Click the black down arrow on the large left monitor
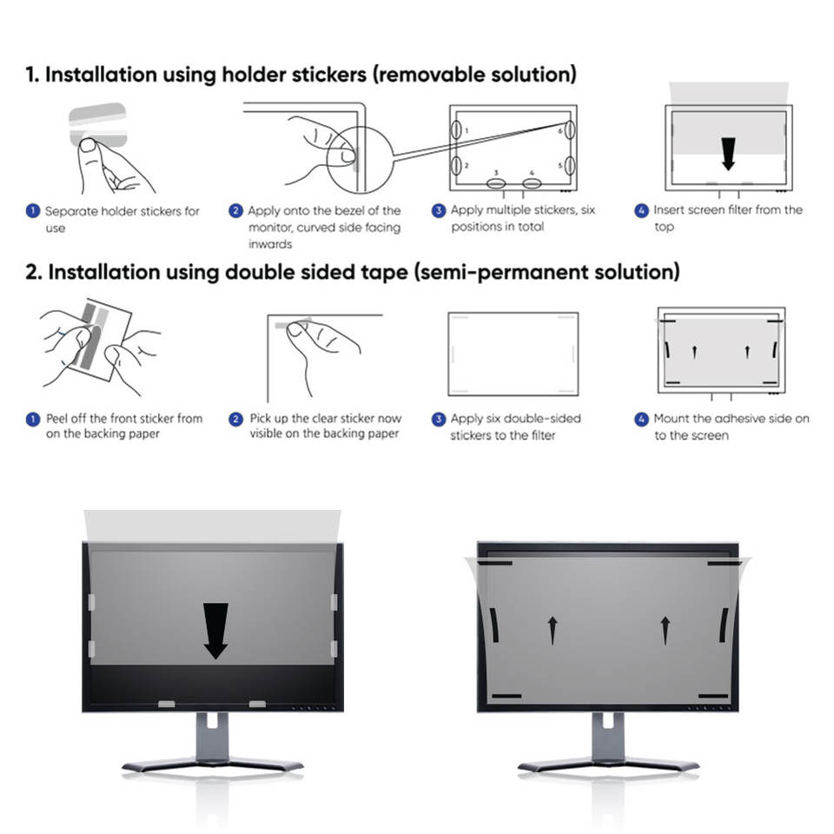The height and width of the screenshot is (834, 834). (x=215, y=630)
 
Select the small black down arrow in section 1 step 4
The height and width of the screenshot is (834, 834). (x=728, y=154)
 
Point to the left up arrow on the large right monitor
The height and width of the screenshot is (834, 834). (x=552, y=630)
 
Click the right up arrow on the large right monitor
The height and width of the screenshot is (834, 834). (x=665, y=630)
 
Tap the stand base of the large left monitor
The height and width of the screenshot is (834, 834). (x=213, y=764)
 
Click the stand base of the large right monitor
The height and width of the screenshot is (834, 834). (x=608, y=764)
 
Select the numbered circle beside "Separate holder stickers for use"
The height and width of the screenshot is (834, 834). (x=32, y=211)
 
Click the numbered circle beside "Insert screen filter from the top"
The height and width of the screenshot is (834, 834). (x=641, y=210)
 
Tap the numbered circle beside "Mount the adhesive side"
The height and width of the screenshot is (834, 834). (x=641, y=419)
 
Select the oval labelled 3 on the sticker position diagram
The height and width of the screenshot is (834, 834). (x=496, y=183)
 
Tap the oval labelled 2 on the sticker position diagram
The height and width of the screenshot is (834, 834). (x=456, y=165)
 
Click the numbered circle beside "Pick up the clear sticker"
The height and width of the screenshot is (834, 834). (x=235, y=419)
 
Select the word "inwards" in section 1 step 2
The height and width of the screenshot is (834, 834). (x=270, y=244)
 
